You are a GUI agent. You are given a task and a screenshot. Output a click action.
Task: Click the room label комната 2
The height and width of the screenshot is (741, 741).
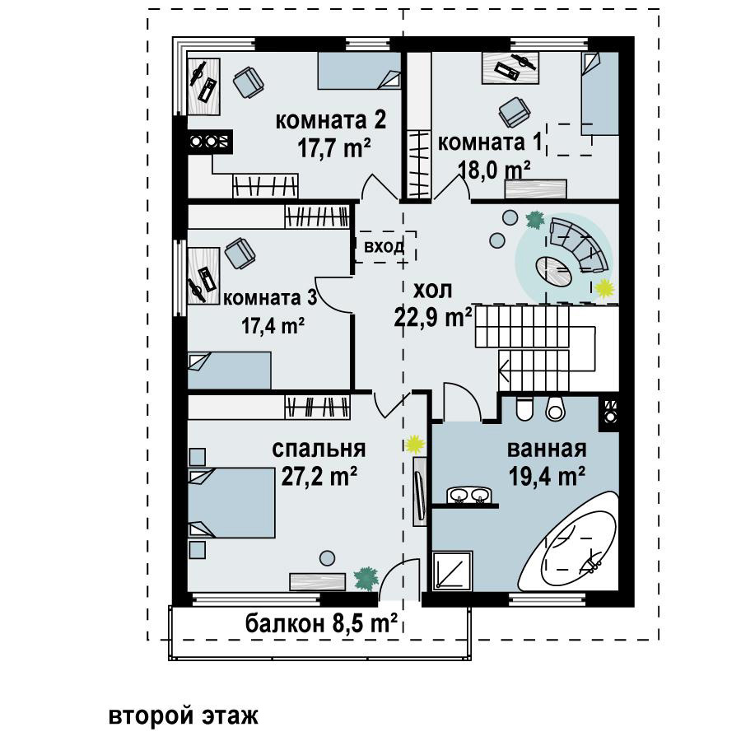pyautogui.click(x=331, y=120)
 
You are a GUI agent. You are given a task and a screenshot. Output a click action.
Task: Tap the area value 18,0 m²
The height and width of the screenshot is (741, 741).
pyautogui.click(x=494, y=170)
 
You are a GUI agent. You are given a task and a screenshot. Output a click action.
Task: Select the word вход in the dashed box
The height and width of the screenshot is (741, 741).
pyautogui.click(x=384, y=246)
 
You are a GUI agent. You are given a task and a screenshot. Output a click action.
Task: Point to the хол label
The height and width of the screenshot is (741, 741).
pyautogui.click(x=433, y=290)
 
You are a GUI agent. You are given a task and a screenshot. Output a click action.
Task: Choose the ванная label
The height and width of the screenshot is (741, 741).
pyautogui.click(x=547, y=449)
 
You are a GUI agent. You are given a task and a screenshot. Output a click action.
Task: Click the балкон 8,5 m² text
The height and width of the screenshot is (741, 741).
pyautogui.click(x=321, y=623)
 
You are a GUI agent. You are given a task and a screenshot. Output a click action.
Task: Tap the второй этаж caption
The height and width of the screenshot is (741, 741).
pyautogui.click(x=184, y=715)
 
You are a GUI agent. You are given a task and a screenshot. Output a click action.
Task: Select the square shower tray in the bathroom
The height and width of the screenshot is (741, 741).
pyautogui.click(x=452, y=570)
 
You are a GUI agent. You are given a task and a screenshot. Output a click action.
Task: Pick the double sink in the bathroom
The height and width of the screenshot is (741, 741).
pyautogui.click(x=469, y=496)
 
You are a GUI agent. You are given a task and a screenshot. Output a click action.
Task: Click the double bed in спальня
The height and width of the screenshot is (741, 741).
pyautogui.click(x=231, y=502)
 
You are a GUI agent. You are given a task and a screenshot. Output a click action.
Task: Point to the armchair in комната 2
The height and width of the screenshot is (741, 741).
pyautogui.click(x=248, y=82)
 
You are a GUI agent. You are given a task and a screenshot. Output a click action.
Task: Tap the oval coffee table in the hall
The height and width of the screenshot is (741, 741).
pyautogui.click(x=554, y=272)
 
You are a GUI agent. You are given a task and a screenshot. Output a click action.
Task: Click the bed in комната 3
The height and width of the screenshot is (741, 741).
pyautogui.click(x=229, y=370)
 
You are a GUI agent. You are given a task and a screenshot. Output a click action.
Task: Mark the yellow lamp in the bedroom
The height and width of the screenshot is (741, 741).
pyautogui.click(x=415, y=444)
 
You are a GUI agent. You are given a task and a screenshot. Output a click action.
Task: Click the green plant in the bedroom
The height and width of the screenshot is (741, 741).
pyautogui.click(x=366, y=579)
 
